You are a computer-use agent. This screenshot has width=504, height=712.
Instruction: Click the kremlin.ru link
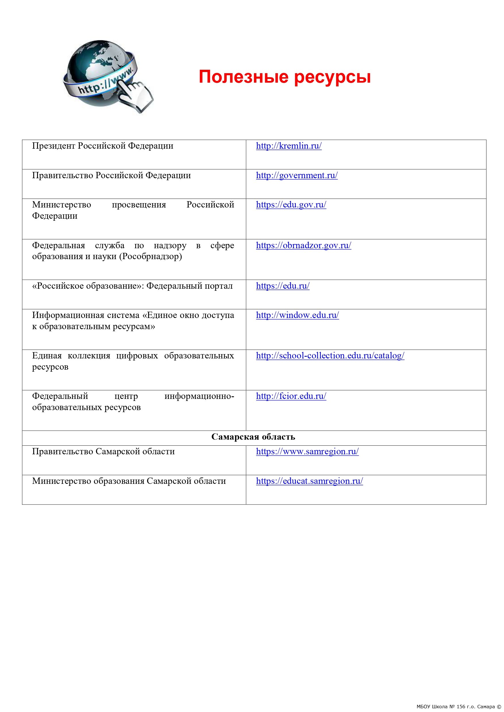(289, 146)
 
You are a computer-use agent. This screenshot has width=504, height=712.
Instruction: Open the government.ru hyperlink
(297, 176)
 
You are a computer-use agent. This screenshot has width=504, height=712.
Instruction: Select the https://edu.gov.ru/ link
(291, 205)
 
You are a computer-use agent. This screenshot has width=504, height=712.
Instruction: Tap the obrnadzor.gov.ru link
(304, 245)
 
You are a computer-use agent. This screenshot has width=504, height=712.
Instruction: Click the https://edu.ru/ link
(283, 286)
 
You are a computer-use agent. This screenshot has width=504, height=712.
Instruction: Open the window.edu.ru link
(297, 315)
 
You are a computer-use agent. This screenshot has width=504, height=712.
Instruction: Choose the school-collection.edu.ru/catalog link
(330, 356)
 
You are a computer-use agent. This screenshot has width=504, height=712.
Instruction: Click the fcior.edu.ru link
(291, 396)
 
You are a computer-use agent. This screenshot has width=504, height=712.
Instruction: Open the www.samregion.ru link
(307, 451)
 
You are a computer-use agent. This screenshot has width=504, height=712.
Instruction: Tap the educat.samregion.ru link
(309, 481)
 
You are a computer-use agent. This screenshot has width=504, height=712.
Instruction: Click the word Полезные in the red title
(244, 77)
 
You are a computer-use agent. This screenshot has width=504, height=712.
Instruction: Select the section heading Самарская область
(253, 437)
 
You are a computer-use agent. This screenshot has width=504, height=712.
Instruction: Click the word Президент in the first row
(54, 146)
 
